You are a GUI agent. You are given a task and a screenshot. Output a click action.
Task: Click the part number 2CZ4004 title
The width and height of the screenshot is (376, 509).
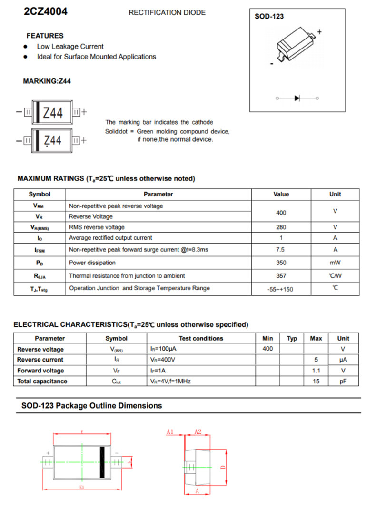pyautogui.click(x=46, y=12)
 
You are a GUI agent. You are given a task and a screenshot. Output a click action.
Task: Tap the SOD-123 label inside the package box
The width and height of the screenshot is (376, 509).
pyautogui.click(x=269, y=16)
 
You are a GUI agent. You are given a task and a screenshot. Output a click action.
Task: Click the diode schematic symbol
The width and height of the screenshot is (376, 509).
pyautogui.click(x=297, y=98)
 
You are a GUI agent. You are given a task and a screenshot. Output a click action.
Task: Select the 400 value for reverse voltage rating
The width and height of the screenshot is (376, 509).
pyautogui.click(x=281, y=213)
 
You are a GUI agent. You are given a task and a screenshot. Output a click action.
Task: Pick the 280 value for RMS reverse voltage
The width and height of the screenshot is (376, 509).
pyautogui.click(x=281, y=227)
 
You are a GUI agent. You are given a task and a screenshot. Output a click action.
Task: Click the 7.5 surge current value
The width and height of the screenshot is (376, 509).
pyautogui.click(x=281, y=249)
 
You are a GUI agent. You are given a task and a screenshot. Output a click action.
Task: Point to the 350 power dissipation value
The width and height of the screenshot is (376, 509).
pyautogui.click(x=281, y=263)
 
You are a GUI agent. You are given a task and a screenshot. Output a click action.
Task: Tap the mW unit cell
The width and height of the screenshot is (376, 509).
pyautogui.click(x=335, y=263)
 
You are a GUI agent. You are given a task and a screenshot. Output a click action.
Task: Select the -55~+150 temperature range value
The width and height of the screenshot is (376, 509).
pyautogui.click(x=281, y=289)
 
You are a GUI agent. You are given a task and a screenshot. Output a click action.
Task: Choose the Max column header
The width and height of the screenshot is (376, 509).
pyautogui.click(x=316, y=339)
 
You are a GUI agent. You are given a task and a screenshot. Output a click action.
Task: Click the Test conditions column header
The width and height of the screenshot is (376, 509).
pyautogui.click(x=201, y=339)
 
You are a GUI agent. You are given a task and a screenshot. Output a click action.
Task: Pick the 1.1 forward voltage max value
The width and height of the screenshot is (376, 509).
pyautogui.click(x=316, y=371)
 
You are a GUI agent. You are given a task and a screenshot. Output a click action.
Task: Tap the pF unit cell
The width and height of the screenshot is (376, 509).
pyautogui.click(x=343, y=382)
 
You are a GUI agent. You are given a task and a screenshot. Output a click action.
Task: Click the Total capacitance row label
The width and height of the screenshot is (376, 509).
pyautogui.click(x=42, y=382)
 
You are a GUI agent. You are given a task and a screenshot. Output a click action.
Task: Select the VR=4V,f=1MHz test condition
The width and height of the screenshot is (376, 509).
pyautogui.click(x=170, y=382)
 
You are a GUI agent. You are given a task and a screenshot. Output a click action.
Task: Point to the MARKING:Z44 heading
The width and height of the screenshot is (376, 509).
pyautogui.click(x=47, y=81)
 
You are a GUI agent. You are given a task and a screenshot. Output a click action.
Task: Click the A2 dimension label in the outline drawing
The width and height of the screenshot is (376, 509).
pyautogui.click(x=198, y=432)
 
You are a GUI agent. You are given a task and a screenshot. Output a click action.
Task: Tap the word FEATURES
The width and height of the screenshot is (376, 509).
pyautogui.click(x=45, y=36)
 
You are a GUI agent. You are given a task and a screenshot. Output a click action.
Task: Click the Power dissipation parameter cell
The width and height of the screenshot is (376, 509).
pyautogui.click(x=92, y=263)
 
